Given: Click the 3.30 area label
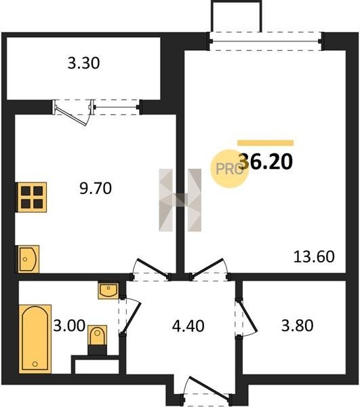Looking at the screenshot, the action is (83, 63).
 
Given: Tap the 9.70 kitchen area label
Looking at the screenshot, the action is (96, 189).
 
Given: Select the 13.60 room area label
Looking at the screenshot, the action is (314, 256).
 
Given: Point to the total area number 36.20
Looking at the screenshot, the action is (266, 161).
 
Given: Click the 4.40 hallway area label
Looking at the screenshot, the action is (188, 326).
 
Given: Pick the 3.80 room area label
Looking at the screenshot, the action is (297, 326).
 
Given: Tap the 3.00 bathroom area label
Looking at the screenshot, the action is (69, 326).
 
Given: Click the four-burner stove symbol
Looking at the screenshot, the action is (32, 197).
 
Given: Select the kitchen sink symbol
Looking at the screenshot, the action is (28, 259).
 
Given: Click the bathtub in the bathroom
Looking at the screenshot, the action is (35, 339).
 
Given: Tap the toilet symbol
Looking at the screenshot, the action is (97, 340).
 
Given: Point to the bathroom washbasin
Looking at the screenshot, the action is (108, 291).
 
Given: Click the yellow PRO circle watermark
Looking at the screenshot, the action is (229, 169).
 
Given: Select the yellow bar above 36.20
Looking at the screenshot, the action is (266, 143).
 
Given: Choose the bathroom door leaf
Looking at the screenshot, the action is (132, 317).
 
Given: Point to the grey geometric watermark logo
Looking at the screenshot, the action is (180, 200).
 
